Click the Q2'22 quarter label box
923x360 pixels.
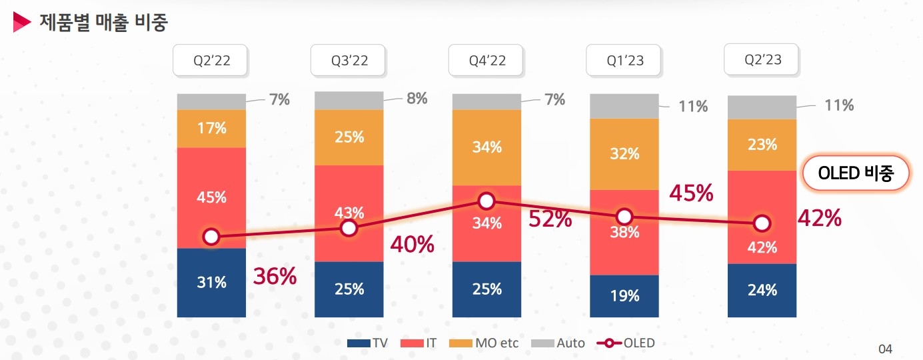point(211,61)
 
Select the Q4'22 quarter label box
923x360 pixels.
point(486,61)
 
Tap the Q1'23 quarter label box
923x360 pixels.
point(624,61)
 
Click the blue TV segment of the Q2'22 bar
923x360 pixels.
point(211,283)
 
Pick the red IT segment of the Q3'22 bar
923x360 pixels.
point(349,200)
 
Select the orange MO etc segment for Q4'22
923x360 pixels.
point(486,147)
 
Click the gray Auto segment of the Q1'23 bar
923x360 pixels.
point(624,106)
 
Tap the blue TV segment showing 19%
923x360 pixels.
point(624,296)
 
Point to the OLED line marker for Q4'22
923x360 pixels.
point(486,201)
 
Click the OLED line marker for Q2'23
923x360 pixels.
point(762,223)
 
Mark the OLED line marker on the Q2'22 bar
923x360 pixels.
point(211,237)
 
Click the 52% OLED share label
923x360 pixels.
point(550,219)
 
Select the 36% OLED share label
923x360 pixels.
point(275,276)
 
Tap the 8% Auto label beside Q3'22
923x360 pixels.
point(417,99)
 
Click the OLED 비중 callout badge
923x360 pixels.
point(855,175)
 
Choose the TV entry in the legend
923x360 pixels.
point(369,343)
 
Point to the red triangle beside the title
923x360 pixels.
point(22,22)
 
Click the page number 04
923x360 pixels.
point(885,349)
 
